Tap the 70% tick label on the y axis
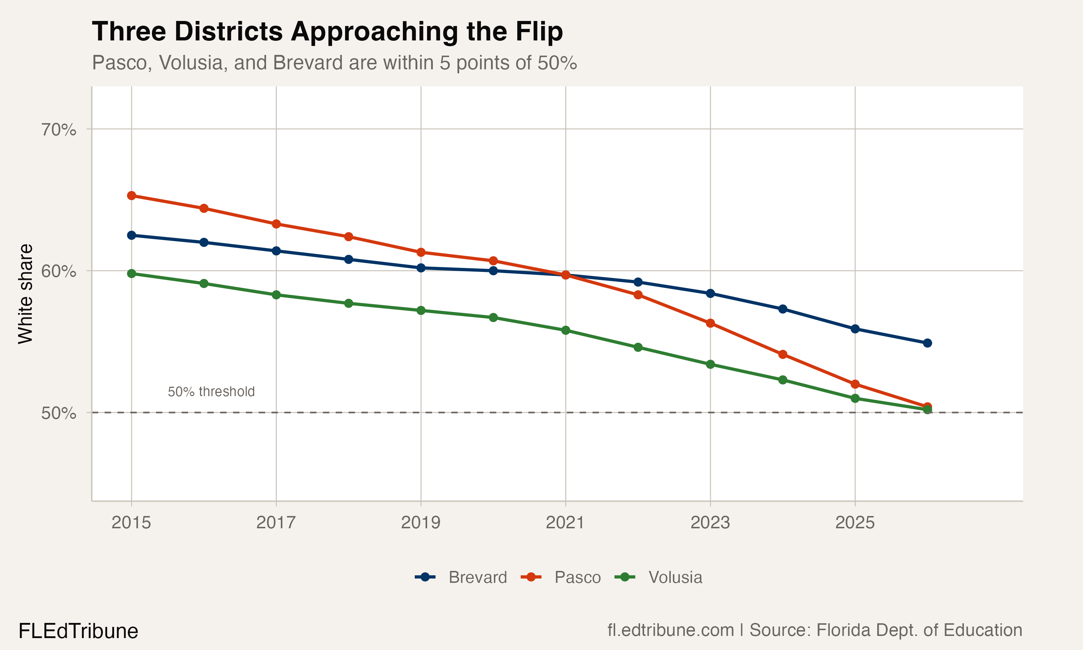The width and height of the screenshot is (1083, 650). coord(58,130)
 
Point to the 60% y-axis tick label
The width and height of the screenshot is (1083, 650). coord(58,271)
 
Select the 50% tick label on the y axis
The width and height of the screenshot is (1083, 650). coord(58,413)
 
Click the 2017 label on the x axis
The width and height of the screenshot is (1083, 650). coord(276,523)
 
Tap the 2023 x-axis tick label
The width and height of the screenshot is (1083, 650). coord(710,523)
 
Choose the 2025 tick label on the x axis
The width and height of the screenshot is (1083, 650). coord(854,523)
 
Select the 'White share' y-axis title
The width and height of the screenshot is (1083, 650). coord(25,294)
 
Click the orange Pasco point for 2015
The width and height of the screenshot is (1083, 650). coord(131,195)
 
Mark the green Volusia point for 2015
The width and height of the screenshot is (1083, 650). coord(131,273)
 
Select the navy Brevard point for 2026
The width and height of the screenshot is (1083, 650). coord(927,343)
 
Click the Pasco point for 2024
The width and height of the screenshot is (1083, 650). coord(783,354)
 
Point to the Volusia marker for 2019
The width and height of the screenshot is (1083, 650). coord(421,311)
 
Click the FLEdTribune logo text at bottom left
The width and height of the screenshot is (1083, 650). coord(78,631)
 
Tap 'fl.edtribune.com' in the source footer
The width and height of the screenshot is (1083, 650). coord(670,630)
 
